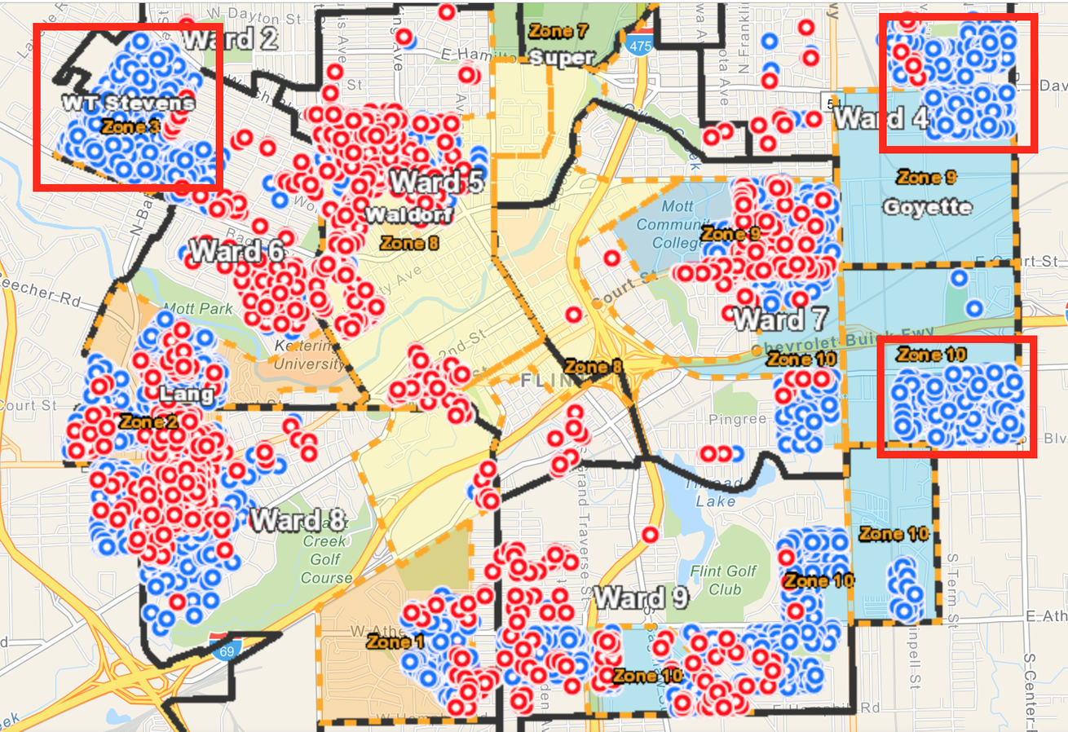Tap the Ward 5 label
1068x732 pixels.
[437, 182]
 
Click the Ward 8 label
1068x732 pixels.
[297, 519]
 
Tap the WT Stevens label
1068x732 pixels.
[129, 104]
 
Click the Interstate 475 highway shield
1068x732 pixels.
[639, 46]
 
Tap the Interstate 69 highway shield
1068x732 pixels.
[218, 648]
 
